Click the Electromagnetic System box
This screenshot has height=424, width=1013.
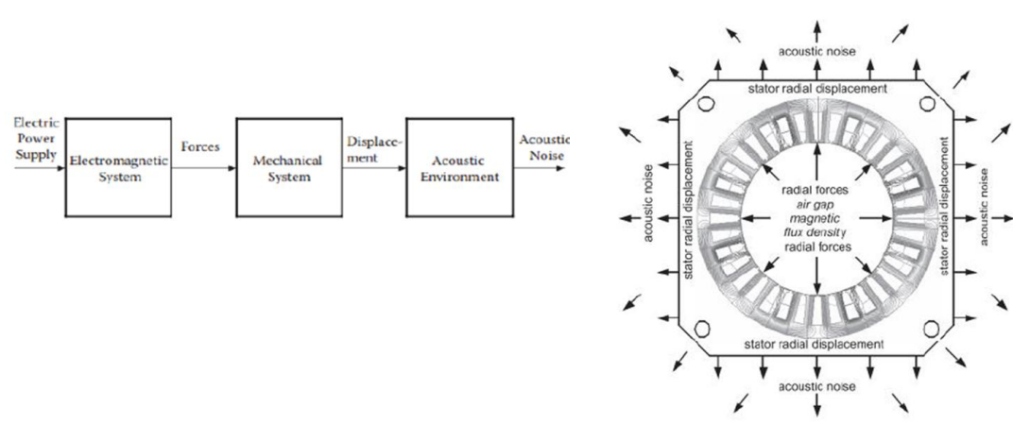pos(117,167)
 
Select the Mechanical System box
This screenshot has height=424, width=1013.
pos(289,167)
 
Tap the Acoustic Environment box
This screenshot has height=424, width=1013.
pos(459,167)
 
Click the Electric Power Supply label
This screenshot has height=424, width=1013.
pos(35,139)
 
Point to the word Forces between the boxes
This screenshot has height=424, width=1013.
pos(200,146)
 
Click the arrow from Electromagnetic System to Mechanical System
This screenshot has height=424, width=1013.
pos(203,168)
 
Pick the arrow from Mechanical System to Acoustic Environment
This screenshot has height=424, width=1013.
pos(374,168)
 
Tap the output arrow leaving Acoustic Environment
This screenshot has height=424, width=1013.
pos(539,168)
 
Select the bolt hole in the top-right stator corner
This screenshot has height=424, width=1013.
pos(928,104)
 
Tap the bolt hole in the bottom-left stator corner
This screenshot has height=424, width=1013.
pos(702,328)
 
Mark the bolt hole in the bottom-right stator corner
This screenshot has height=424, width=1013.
pos(931,329)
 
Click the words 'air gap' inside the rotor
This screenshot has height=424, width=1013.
pos(817,205)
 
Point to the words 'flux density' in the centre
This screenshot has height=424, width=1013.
pos(817,232)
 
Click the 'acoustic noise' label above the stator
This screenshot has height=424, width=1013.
pos(817,52)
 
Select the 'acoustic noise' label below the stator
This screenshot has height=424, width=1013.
pos(817,386)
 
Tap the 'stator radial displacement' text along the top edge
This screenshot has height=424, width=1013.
pos(818,89)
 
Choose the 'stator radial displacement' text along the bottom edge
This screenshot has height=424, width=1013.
pos(814,344)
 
